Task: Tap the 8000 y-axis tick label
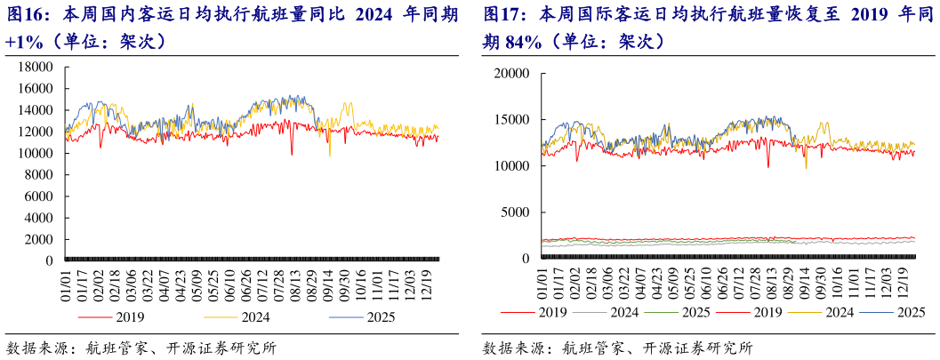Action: (39, 175)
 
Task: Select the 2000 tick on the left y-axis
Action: (39, 240)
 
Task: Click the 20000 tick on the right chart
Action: (513, 73)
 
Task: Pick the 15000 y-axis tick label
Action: (513, 119)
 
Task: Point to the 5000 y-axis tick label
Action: (517, 212)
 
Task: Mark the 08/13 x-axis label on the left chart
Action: (298, 286)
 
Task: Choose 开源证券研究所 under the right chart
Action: (702, 348)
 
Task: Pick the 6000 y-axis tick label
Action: (39, 196)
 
